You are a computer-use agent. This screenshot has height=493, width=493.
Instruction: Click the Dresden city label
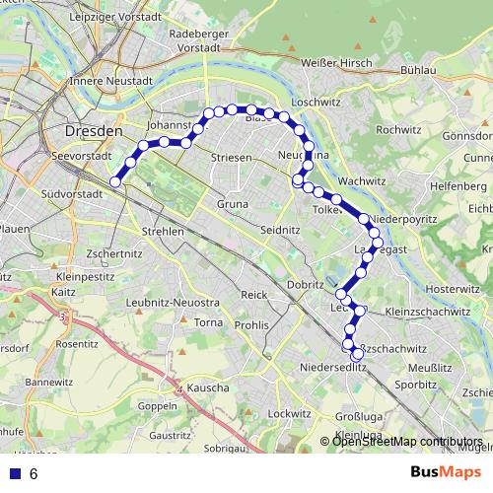click(x=94, y=130)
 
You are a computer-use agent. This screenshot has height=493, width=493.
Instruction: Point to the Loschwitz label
click(x=317, y=102)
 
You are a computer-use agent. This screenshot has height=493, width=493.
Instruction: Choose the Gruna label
click(x=232, y=204)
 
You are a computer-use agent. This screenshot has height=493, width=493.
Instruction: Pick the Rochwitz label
click(x=398, y=129)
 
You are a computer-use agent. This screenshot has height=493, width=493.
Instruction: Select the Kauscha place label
click(x=208, y=388)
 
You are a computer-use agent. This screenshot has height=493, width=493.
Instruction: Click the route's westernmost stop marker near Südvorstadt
click(x=115, y=181)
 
